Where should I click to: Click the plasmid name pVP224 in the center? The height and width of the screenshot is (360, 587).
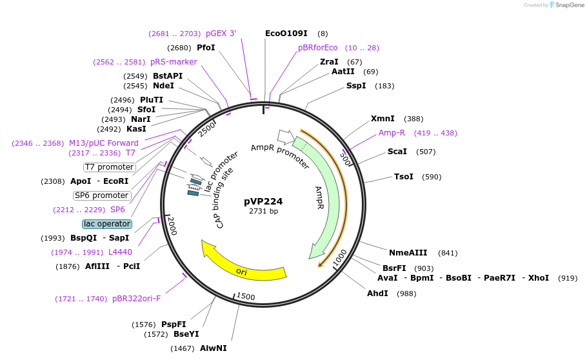(x=263, y=201)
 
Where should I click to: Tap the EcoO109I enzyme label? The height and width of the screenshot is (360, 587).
(x=286, y=34)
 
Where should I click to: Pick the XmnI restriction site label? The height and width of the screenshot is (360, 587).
(x=383, y=119)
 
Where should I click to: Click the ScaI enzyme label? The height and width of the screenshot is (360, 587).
(x=397, y=152)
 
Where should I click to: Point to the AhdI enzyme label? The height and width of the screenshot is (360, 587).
(x=378, y=294)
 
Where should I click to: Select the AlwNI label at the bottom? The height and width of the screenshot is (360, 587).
(x=213, y=348)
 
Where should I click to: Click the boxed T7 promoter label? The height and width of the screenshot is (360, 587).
(x=109, y=167)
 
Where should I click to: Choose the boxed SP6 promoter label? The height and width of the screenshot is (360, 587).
(x=101, y=195)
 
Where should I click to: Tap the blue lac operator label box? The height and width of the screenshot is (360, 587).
(x=107, y=224)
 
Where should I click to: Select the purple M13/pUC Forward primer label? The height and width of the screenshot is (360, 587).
(x=104, y=143)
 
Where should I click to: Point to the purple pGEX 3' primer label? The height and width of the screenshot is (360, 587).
(x=221, y=34)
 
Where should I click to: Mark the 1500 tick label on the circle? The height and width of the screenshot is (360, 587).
(x=246, y=296)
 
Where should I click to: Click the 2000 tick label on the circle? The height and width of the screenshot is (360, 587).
(x=172, y=226)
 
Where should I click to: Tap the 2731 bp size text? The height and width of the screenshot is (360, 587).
(x=263, y=212)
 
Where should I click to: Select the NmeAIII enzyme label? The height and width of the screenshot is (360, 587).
(x=409, y=253)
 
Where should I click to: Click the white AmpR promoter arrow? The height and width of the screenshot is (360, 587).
(x=283, y=136)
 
